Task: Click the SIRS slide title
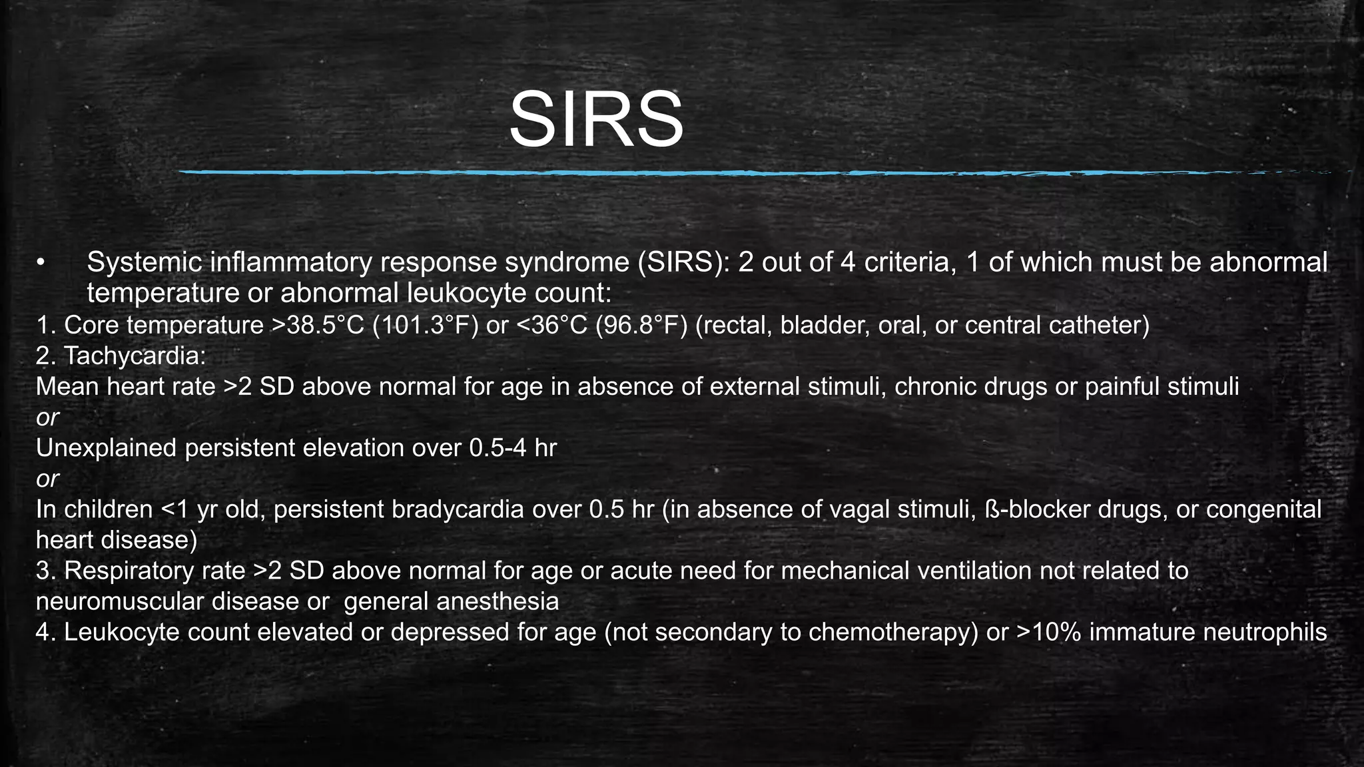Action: tap(596, 121)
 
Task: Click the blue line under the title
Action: tap(733, 172)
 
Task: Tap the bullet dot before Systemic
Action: tap(41, 263)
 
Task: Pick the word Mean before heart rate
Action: tap(67, 387)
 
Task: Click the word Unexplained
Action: tap(106, 448)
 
